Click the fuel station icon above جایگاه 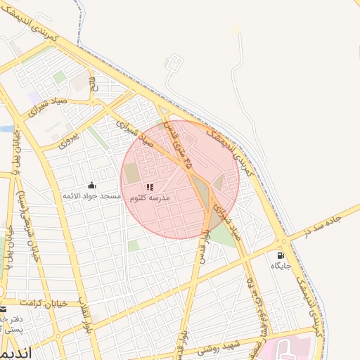pos(281,255)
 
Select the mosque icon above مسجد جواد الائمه pos(92,186)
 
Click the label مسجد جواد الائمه pos(92,195)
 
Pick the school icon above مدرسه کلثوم pos(149,187)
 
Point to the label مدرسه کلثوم pos(149,198)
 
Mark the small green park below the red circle pos(133,245)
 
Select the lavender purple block pos(34,96)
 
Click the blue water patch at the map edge pos(5,129)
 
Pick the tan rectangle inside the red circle pos(132,172)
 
